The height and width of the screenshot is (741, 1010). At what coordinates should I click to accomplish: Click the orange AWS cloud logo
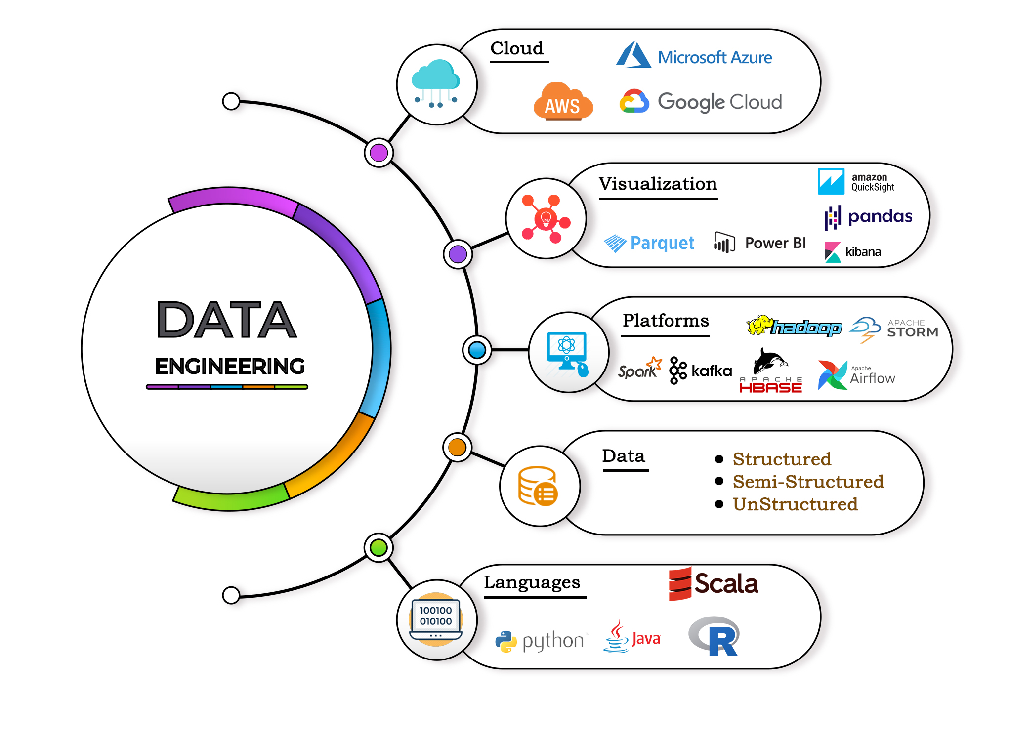(563, 101)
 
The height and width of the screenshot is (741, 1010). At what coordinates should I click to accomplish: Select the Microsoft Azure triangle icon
(633, 55)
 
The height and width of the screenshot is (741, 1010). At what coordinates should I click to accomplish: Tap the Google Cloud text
(719, 102)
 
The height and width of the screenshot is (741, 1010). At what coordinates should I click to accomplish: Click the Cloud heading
(517, 48)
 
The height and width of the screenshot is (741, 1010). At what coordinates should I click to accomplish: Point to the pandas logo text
(880, 216)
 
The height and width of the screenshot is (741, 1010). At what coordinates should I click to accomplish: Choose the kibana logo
(853, 251)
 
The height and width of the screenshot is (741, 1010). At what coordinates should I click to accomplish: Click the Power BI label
(775, 243)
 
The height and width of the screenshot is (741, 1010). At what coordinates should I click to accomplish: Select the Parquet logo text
(662, 243)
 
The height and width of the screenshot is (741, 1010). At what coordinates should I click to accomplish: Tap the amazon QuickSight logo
(855, 182)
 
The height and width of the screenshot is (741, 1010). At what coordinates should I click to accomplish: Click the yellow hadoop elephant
(760, 325)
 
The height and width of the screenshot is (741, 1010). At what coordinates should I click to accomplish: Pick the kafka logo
(701, 370)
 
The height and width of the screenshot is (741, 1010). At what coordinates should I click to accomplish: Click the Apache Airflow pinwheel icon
(832, 375)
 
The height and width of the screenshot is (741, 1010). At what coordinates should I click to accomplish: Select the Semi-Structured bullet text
(808, 482)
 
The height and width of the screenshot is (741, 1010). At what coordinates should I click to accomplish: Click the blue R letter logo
(721, 640)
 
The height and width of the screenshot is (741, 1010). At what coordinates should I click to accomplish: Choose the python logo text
(552, 641)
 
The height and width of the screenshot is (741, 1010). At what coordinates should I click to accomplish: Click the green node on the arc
(379, 547)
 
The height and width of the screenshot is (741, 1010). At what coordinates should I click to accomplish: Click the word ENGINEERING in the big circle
(230, 366)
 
